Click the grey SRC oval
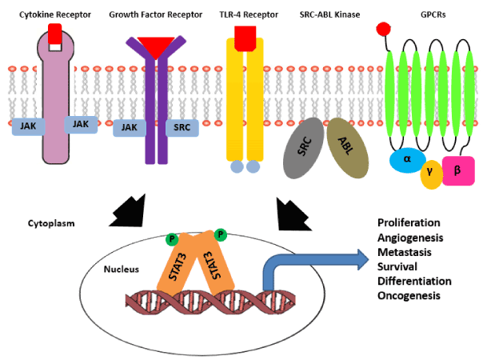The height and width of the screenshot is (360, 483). [303, 147]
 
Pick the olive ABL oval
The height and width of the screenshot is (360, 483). [345, 147]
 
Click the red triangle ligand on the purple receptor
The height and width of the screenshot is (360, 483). [157, 46]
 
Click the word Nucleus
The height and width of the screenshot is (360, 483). [122, 269]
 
